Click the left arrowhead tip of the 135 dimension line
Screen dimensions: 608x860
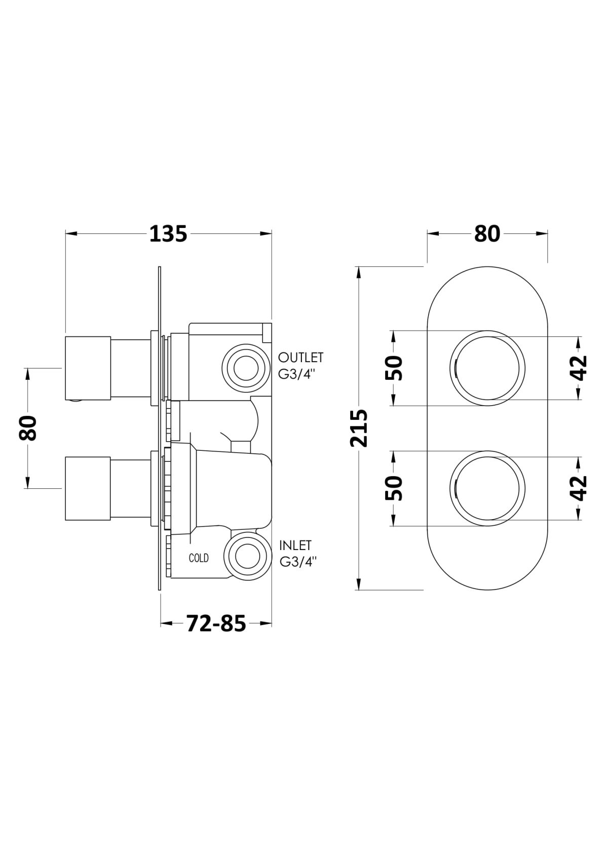click(x=66, y=233)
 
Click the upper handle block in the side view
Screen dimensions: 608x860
click(x=88, y=368)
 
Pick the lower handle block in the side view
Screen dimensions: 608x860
click(x=88, y=489)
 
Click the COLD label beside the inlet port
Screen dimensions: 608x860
click(x=199, y=558)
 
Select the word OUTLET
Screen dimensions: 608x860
click(x=301, y=358)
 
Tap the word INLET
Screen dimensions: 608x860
click(x=295, y=545)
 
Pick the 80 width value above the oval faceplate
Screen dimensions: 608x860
click(x=487, y=233)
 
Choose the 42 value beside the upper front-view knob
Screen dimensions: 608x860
click(x=579, y=368)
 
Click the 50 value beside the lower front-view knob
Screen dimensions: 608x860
click(x=394, y=488)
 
